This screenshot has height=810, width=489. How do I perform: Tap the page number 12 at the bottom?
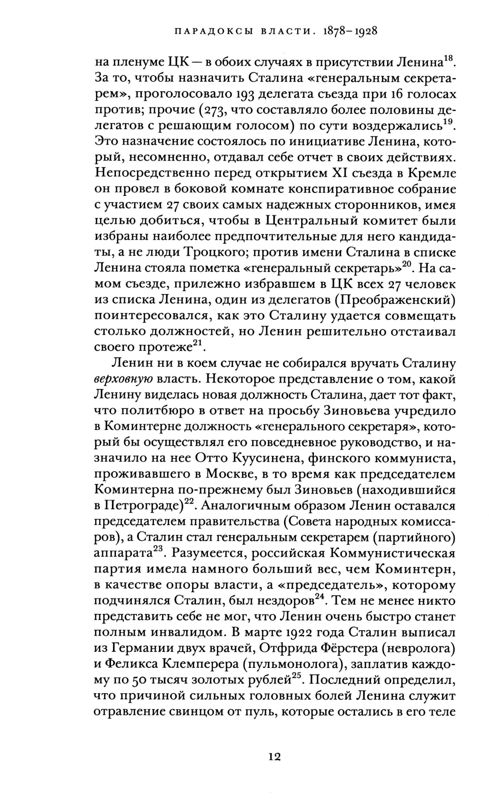click(274, 757)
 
